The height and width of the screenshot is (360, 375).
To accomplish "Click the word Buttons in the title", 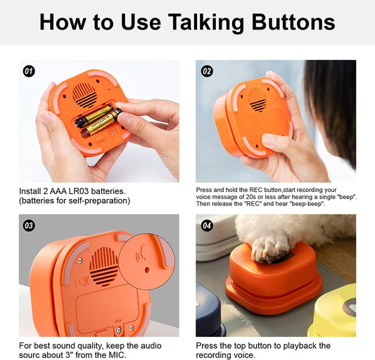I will [290, 22].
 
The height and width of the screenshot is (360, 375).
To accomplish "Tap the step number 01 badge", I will [29, 71].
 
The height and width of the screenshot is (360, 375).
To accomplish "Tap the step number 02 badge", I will [207, 71].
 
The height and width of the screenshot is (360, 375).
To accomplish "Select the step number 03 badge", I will [29, 226].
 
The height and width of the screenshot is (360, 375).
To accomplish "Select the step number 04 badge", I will [207, 226].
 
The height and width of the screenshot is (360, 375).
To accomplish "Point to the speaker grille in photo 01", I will [85, 95].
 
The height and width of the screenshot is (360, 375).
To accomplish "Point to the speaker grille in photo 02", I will [257, 98].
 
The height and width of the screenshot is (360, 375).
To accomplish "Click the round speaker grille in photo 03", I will [105, 266].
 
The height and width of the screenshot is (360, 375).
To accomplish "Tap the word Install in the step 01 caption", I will [31, 191].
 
